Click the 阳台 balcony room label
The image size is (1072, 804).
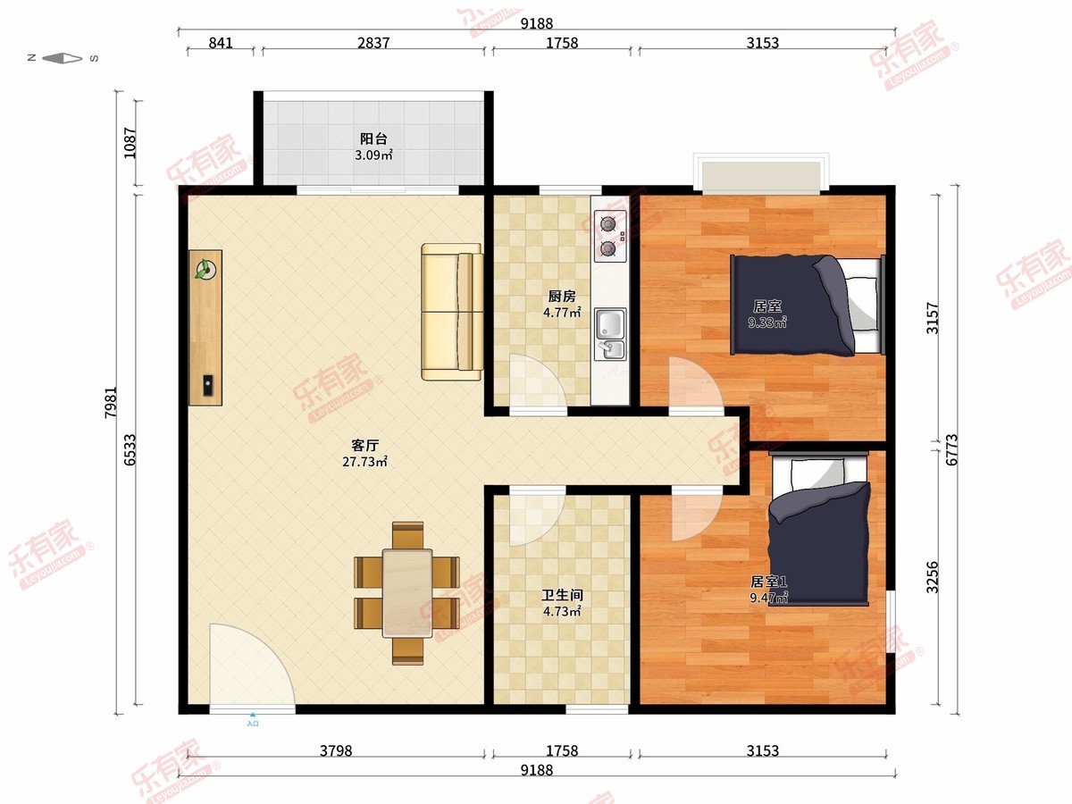coord(373,139)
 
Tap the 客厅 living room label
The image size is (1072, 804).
coord(364,445)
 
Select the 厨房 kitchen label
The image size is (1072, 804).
coord(562,297)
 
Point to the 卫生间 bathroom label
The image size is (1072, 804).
coord(562,595)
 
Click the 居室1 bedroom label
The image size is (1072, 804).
coord(769,582)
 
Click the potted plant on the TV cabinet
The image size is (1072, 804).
coord(205,269)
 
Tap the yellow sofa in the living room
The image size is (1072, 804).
coord(452,312)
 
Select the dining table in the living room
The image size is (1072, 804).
coord(407,593)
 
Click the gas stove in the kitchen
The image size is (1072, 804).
coord(610,236)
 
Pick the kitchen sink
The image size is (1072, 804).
coord(610,334)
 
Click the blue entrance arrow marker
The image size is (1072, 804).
coord(253,715)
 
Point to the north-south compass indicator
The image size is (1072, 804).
coord(63,59)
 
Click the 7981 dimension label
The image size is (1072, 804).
coord(111,402)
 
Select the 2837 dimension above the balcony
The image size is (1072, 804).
coord(373,43)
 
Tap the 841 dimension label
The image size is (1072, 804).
coord(221,43)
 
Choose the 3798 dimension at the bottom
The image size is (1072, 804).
coord(336,750)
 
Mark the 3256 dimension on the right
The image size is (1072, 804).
coord(933,577)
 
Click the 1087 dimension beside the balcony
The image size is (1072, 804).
coord(130,143)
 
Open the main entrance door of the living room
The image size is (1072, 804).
coord(253,665)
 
